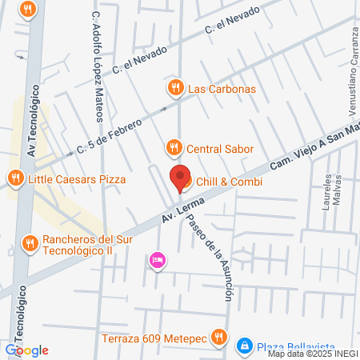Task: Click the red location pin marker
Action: click(x=180, y=178)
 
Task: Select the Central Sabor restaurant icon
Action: click(x=173, y=147)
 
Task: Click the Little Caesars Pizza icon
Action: click(x=14, y=178)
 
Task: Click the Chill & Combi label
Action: click(x=229, y=182)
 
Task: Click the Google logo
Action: click(x=26, y=350)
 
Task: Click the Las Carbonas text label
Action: click(x=222, y=88)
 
